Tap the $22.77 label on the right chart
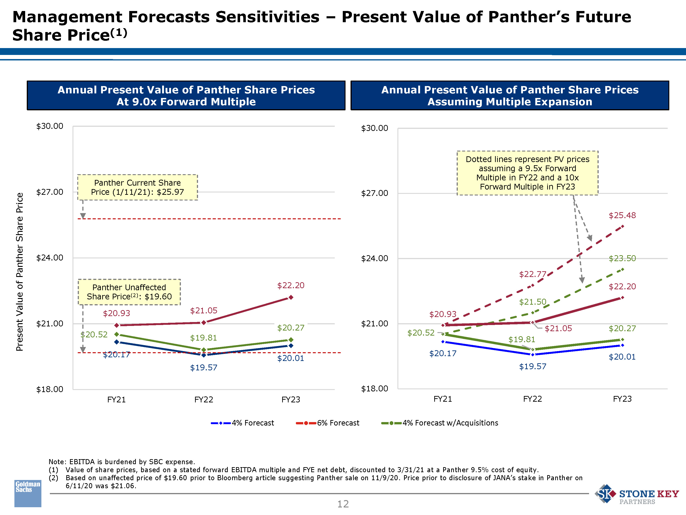click(533, 274)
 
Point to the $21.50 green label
click(533, 302)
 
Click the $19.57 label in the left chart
click(204, 368)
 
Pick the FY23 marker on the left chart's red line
click(291, 297)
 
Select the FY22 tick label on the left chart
click(204, 399)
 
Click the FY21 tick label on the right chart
click(442, 399)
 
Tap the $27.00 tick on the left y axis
click(50, 192)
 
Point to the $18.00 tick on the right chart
click(374, 389)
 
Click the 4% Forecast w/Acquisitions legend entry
click(439, 423)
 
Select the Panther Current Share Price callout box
click(137, 187)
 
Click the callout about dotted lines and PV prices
click(527, 173)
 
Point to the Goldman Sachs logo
click(28, 493)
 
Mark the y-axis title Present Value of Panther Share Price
click(19, 272)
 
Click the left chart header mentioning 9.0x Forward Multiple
click(186, 96)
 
